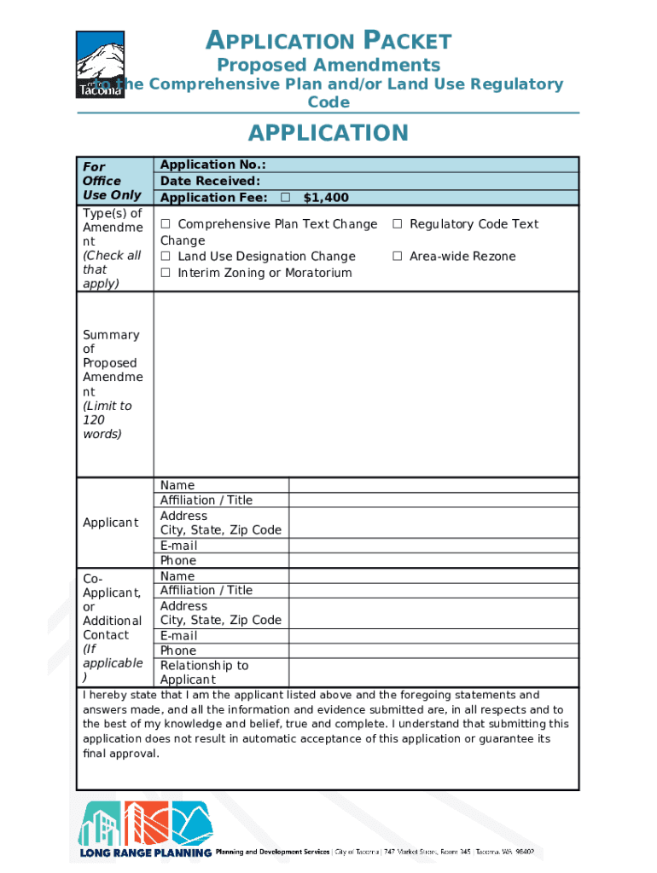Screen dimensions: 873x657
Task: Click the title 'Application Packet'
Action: pyautogui.click(x=328, y=40)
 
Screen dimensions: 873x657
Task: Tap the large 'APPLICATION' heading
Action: pyautogui.click(x=328, y=133)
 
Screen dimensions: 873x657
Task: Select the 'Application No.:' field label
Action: pyautogui.click(x=212, y=165)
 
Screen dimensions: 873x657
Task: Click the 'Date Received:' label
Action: pyautogui.click(x=210, y=181)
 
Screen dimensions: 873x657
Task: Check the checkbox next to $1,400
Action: pyautogui.click(x=285, y=198)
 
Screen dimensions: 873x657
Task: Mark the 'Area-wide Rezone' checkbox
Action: pyautogui.click(x=398, y=257)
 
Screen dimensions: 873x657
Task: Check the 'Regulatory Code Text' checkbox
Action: pyautogui.click(x=398, y=224)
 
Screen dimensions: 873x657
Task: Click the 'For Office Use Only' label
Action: pyautogui.click(x=112, y=181)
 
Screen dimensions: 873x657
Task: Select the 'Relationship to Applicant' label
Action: pyautogui.click(x=205, y=673)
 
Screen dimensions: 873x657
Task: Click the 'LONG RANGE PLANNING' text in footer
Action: pyautogui.click(x=146, y=853)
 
